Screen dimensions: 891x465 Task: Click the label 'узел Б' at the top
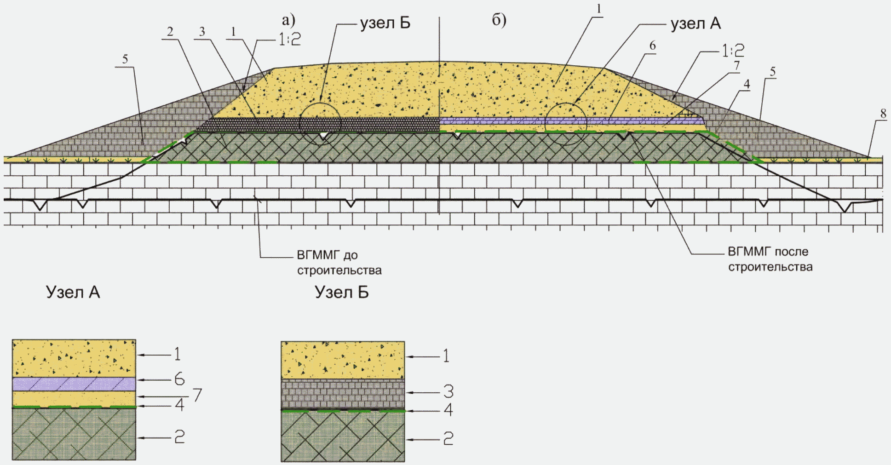pyautogui.click(x=385, y=23)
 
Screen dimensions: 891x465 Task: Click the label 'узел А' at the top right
pyautogui.click(x=696, y=23)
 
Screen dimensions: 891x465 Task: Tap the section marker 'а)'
pyautogui.click(x=288, y=20)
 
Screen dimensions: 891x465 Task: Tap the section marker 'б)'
pyautogui.click(x=499, y=20)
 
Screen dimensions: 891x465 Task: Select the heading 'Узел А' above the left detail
pyautogui.click(x=73, y=292)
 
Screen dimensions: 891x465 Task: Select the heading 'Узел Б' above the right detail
pyautogui.click(x=342, y=292)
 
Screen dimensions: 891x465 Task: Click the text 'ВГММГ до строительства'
pyautogui.click(x=339, y=263)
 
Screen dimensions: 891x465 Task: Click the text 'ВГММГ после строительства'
pyautogui.click(x=770, y=259)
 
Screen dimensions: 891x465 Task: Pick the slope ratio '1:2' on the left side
pyautogui.click(x=290, y=39)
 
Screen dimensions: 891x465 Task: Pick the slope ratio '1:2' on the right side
pyautogui.click(x=733, y=50)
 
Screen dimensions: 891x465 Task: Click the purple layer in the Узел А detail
pyautogui.click(x=74, y=384)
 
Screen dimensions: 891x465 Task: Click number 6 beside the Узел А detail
pyautogui.click(x=179, y=379)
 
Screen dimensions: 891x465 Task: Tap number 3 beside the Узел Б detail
pyautogui.click(x=448, y=392)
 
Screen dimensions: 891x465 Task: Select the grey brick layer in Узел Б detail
pyautogui.click(x=343, y=394)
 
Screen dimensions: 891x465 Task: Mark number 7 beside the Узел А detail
pyautogui.click(x=197, y=395)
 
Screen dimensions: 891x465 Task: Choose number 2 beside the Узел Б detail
pyautogui.click(x=448, y=439)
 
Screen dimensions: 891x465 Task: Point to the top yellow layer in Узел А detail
pyautogui.click(x=74, y=359)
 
